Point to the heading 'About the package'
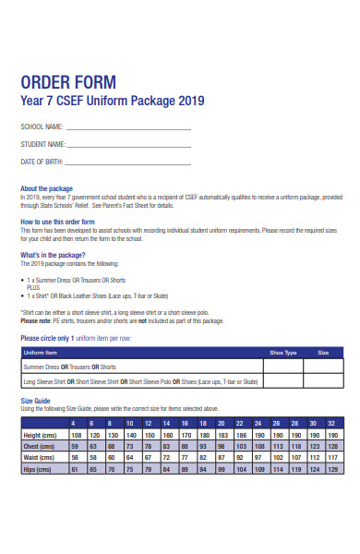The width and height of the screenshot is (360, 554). pos(46,188)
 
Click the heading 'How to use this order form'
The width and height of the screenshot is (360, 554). pos(57,223)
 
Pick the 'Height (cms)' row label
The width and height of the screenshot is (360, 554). pos(42,434)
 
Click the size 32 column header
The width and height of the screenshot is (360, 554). pos(330,422)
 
